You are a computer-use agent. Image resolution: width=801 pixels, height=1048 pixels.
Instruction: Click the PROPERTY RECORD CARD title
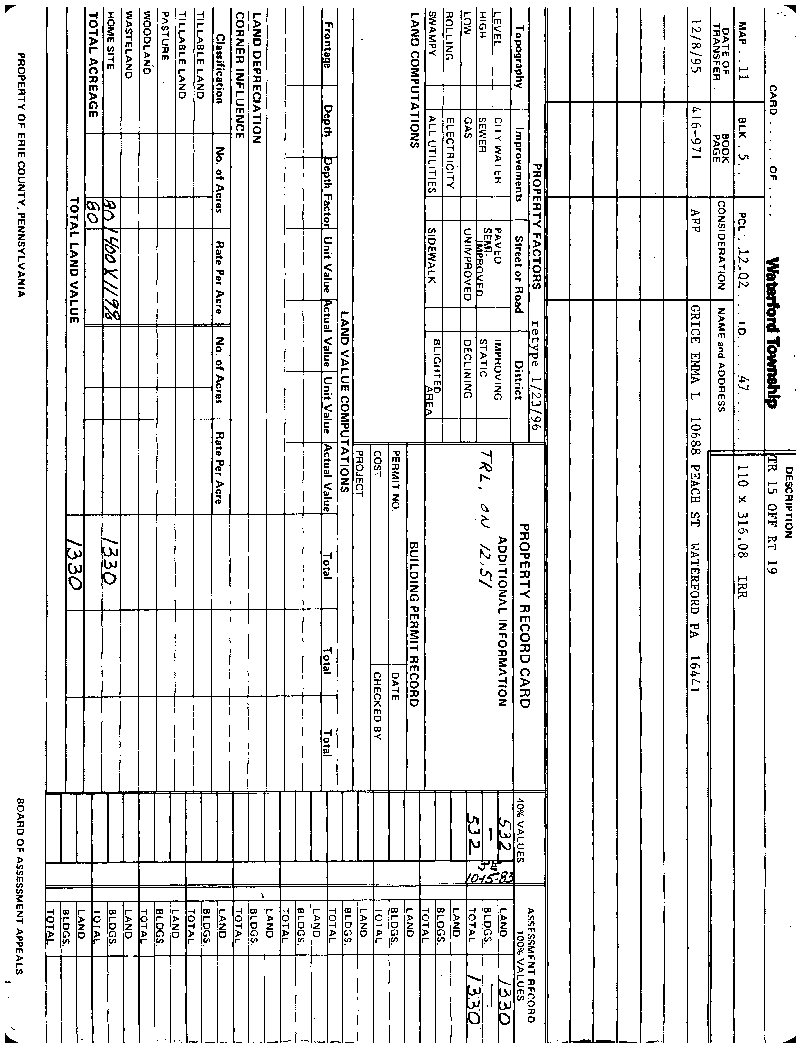[x=525, y=616]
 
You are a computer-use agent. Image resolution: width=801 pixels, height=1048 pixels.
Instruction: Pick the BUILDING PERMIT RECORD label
[x=414, y=624]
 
